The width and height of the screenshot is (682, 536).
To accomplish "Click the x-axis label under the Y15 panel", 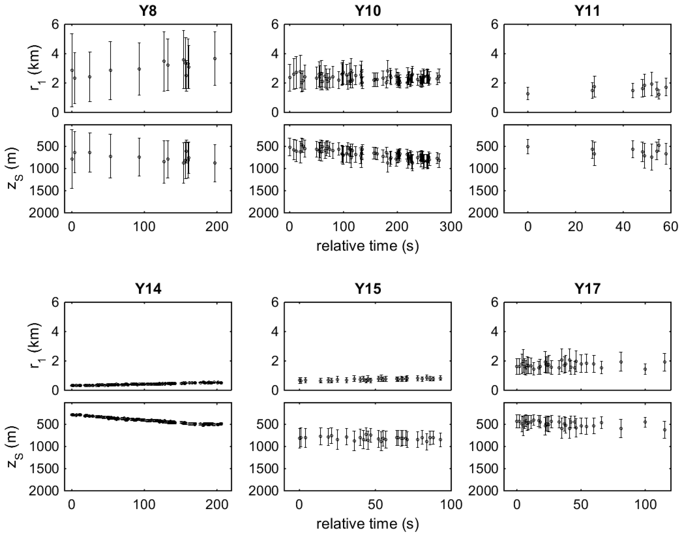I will pos(368,524).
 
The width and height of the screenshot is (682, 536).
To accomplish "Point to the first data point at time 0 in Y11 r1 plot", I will pos(528,93).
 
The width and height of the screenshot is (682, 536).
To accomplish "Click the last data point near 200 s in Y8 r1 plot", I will pos(215,58).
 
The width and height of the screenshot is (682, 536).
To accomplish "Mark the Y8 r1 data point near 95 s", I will pos(139,69).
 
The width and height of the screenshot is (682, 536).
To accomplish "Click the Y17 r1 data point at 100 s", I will pos(645,369).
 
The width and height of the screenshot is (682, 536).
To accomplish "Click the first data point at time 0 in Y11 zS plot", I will pos(528,147).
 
